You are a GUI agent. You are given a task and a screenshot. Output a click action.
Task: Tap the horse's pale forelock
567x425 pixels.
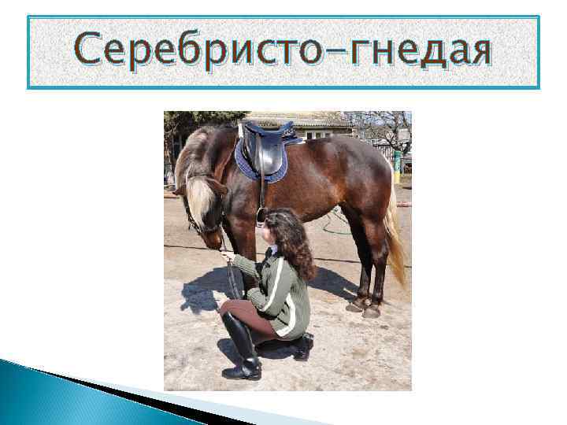201,197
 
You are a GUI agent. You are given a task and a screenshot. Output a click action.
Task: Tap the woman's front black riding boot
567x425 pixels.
243,346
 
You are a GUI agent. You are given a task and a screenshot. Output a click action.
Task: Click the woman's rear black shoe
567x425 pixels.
303,346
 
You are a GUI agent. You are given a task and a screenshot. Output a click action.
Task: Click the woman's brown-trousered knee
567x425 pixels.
228,309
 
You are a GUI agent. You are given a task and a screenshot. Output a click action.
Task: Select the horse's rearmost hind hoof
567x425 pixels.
371,312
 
